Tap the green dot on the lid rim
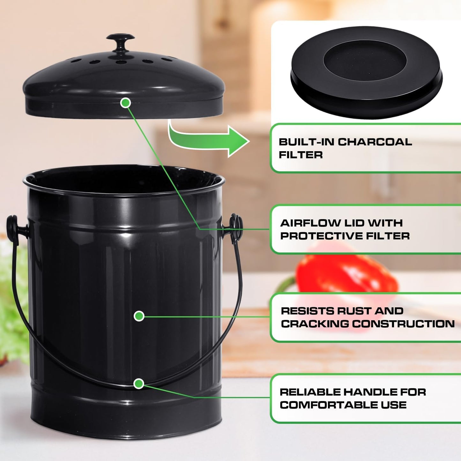(126, 103)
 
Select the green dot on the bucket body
(139, 316)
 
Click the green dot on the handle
(138, 383)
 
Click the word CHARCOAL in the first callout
(375, 142)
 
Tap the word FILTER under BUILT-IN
(301, 155)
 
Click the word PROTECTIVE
(321, 236)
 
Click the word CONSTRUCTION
(404, 324)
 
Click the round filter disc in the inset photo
(366, 72)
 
